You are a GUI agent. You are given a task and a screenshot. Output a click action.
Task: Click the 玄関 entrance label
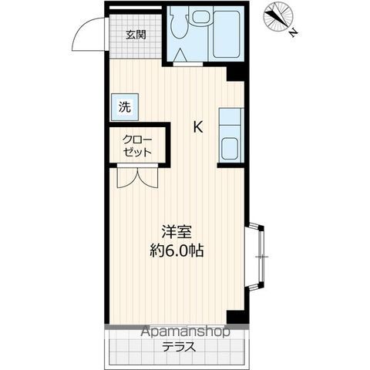click(136, 35)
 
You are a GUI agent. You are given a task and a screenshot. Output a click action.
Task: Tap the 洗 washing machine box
click(123, 108)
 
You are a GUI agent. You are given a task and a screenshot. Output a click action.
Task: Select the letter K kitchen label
click(198, 127)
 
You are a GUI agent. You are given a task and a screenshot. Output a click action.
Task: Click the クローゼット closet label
click(137, 146)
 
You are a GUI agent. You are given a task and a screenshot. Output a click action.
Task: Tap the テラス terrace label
click(178, 347)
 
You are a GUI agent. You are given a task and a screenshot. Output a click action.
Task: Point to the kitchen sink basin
click(230, 147)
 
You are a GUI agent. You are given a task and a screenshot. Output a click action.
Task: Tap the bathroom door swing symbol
click(185, 55)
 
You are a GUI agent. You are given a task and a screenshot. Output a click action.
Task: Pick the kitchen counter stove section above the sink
click(230, 119)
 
